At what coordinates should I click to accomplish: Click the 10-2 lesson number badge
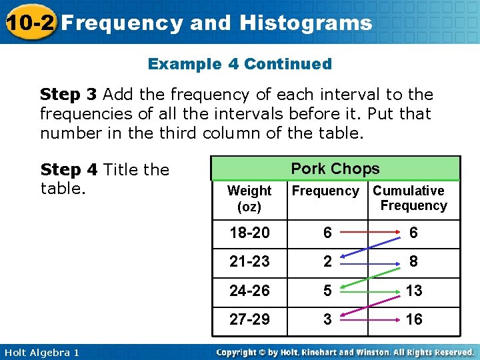pyautogui.click(x=28, y=22)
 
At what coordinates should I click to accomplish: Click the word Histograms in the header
pyautogui.click(x=305, y=23)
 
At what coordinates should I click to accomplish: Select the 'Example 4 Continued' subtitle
pyautogui.click(x=239, y=64)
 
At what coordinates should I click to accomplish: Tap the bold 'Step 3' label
pyautogui.click(x=69, y=95)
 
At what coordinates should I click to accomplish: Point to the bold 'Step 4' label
pyautogui.click(x=69, y=170)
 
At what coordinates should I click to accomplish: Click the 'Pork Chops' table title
pyautogui.click(x=335, y=169)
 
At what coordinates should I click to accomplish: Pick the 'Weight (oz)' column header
pyautogui.click(x=249, y=199)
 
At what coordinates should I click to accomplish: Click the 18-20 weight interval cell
pyautogui.click(x=249, y=233)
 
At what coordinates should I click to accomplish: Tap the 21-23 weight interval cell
pyautogui.click(x=249, y=261)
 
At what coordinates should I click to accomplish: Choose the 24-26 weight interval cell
pyautogui.click(x=249, y=291)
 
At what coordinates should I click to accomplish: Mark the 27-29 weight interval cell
pyautogui.click(x=249, y=319)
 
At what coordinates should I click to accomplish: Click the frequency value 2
pyautogui.click(x=327, y=261)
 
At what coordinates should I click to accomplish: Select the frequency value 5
pyautogui.click(x=327, y=291)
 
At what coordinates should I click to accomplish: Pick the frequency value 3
pyautogui.click(x=327, y=319)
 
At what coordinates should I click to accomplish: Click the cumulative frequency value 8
pyautogui.click(x=413, y=261)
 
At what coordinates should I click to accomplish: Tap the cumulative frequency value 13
pyautogui.click(x=413, y=291)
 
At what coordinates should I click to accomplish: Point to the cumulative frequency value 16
pyautogui.click(x=413, y=319)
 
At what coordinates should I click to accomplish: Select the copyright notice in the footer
pyautogui.click(x=345, y=352)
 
